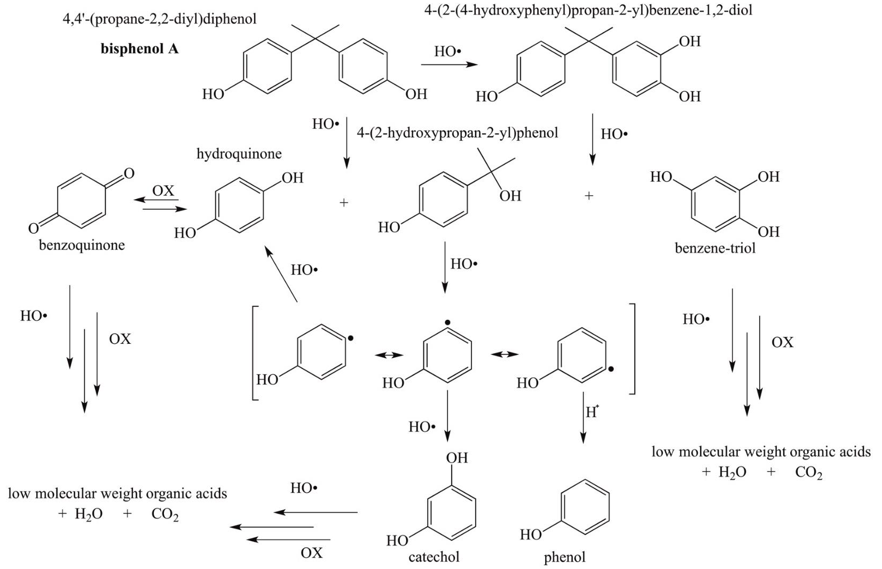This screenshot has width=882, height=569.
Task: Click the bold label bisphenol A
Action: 140,49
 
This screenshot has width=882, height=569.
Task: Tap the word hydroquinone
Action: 239,154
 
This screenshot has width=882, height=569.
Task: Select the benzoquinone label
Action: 82,246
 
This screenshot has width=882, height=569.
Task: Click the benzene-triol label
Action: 715,248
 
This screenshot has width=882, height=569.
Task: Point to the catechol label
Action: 434,557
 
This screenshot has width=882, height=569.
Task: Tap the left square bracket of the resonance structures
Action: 255,353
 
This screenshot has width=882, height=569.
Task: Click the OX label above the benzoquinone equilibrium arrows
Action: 163,191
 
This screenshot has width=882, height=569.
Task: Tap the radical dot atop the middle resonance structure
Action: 447,322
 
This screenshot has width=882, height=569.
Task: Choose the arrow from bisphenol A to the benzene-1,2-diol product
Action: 448,65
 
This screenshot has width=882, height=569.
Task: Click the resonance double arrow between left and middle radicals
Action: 389,355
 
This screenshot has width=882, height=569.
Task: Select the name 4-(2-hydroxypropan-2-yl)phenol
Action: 457,133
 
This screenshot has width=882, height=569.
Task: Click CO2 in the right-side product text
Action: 808,472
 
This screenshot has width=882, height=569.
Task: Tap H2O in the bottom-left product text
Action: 89,514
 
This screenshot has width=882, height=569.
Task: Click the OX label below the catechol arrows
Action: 311,553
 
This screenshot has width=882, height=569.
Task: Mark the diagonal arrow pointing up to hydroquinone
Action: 281,275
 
